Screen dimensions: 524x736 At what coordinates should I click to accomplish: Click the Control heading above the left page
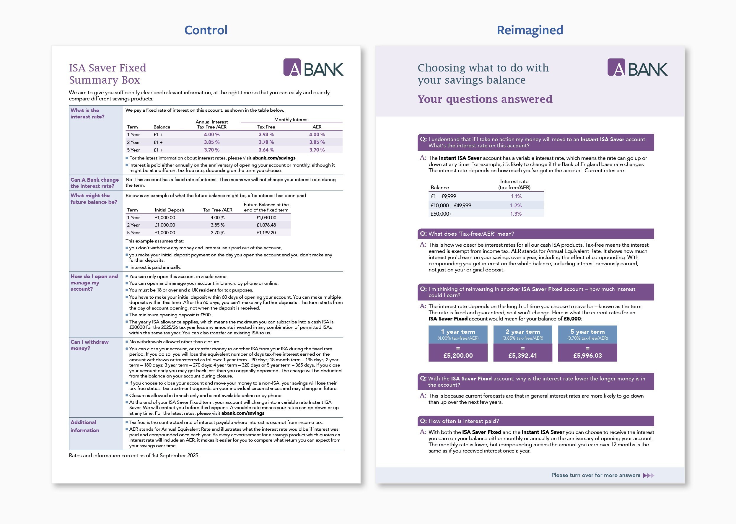(206, 30)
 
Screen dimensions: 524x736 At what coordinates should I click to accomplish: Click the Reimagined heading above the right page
(530, 30)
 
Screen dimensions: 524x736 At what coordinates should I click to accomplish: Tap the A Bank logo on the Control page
(313, 67)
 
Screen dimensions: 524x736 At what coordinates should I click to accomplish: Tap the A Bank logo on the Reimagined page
(637, 67)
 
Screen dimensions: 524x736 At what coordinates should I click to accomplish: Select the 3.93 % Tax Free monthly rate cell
(266, 135)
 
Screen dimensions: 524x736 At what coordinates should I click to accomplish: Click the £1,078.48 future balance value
(266, 225)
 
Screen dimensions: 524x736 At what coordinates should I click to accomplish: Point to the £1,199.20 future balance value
(266, 233)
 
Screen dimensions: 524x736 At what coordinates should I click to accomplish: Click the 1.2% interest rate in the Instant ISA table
(516, 205)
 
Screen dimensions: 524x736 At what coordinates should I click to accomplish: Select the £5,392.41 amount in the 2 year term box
(522, 355)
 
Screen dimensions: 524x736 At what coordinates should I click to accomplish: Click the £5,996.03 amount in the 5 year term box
(587, 355)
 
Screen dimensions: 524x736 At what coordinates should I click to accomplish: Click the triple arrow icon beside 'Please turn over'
(648, 475)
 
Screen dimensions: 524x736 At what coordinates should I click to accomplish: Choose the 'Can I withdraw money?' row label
(89, 345)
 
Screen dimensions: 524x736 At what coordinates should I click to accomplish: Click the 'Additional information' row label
(84, 426)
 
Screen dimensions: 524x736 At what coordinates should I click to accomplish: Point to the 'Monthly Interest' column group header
(292, 119)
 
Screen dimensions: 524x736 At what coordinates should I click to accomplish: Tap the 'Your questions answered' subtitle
(485, 99)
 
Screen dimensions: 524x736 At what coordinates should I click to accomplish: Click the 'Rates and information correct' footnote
(134, 455)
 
